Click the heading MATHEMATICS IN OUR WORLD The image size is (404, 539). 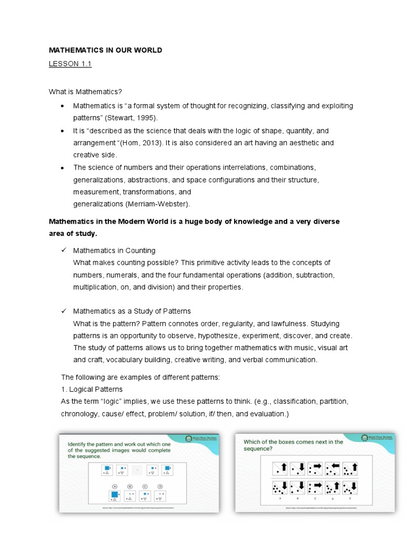pos(105,50)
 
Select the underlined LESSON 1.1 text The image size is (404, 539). pos(70,64)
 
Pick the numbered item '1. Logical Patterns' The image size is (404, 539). pos(92,389)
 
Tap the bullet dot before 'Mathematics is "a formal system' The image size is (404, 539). pos(63,106)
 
